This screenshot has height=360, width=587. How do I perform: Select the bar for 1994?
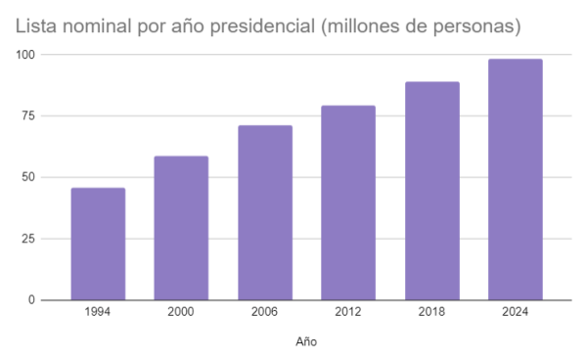point(98,244)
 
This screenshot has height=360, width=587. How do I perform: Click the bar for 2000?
point(181,228)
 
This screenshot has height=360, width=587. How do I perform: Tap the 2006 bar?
point(265,212)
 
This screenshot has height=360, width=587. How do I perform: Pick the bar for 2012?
point(348,202)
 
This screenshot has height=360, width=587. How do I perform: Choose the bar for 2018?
point(432,191)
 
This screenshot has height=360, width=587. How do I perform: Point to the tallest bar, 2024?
point(516,179)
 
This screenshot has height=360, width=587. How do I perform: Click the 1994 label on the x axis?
point(97,312)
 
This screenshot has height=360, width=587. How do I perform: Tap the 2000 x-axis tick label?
point(181,312)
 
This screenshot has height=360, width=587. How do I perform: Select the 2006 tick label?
point(264,312)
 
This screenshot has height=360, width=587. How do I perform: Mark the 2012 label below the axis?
point(347,312)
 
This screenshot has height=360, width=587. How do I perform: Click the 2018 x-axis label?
point(431,312)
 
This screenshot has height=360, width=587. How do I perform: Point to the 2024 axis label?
point(516,312)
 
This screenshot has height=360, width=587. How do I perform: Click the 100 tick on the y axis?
point(25,55)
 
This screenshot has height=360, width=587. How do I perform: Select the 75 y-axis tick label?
point(28,116)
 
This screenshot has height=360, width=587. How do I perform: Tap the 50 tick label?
point(28,177)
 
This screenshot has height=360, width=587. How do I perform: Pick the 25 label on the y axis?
point(28,239)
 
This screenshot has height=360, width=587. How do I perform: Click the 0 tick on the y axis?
point(32,300)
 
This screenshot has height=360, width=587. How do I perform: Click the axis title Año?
point(306,341)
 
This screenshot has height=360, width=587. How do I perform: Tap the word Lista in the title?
point(36,26)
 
